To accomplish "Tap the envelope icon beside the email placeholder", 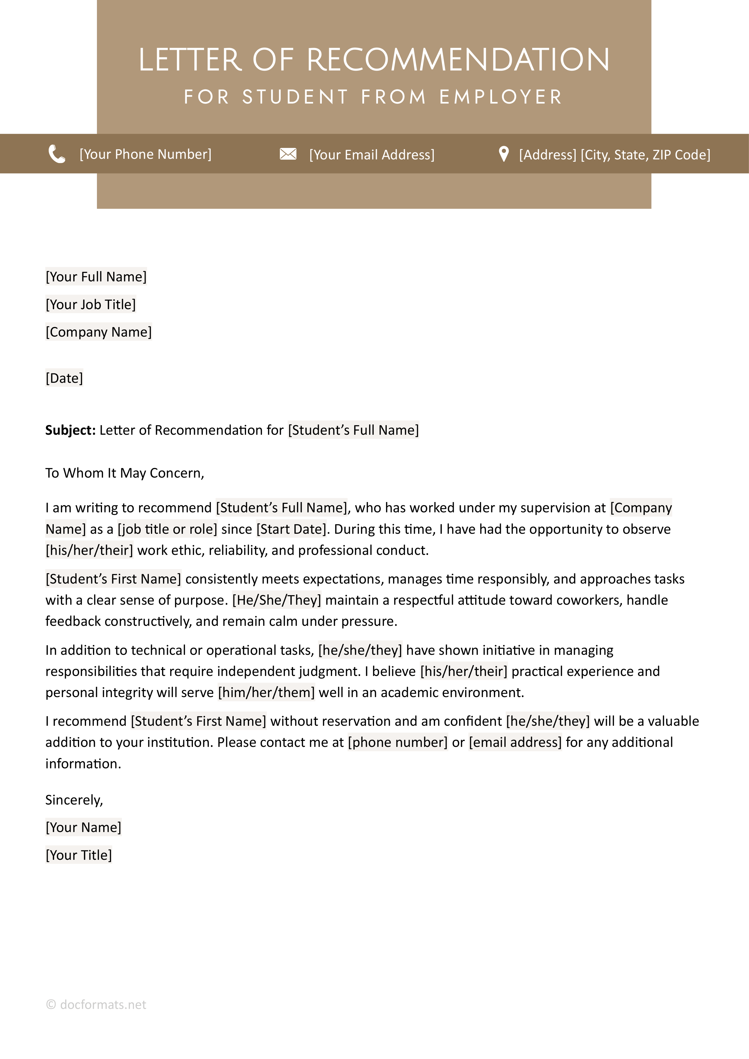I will [288, 154].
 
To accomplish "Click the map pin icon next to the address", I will [504, 154].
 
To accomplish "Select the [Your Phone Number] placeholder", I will [145, 154].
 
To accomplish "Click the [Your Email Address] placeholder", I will [372, 155].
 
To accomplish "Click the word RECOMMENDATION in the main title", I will [458, 60].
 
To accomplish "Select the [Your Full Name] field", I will [96, 277].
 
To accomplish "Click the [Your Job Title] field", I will [90, 304].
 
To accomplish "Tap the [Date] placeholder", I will [64, 378].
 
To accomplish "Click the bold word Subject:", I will [70, 430].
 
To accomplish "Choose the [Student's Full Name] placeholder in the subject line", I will [353, 430].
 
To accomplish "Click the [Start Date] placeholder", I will [291, 529].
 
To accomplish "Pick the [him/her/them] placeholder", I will [266, 692].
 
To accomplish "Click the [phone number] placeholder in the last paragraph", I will [398, 742].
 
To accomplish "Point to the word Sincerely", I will [74, 800].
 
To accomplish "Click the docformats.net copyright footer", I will [96, 1005].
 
